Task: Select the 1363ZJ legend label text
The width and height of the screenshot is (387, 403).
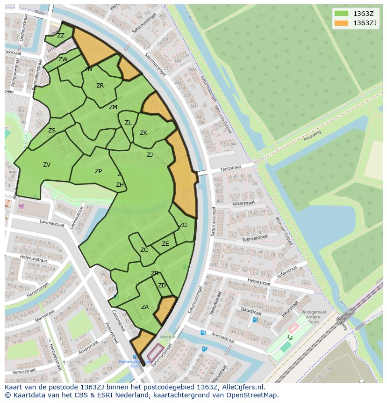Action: tap(365, 22)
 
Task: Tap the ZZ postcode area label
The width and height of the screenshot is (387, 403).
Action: tap(61, 36)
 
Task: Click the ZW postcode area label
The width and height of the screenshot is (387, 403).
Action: tap(63, 59)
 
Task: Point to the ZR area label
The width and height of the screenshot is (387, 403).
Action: tap(100, 86)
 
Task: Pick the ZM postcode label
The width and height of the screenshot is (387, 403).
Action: tap(113, 107)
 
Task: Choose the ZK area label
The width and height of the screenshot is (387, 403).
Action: tap(143, 133)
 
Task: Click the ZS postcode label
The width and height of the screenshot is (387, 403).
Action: tap(52, 131)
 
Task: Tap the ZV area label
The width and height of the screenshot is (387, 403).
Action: tap(47, 165)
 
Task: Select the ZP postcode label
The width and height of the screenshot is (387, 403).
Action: tap(98, 171)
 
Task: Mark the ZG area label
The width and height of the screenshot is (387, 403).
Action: tap(183, 225)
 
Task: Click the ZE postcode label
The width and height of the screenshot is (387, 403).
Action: tap(165, 244)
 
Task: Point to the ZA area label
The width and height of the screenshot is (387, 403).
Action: tap(145, 307)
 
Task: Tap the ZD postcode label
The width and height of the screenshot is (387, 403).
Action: tap(162, 286)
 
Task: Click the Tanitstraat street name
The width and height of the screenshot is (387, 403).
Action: tap(229, 169)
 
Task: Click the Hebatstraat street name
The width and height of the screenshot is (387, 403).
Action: tap(259, 282)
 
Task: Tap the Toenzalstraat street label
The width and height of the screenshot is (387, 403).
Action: tap(254, 239)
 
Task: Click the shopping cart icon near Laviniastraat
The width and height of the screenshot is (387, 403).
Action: tap(21, 205)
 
